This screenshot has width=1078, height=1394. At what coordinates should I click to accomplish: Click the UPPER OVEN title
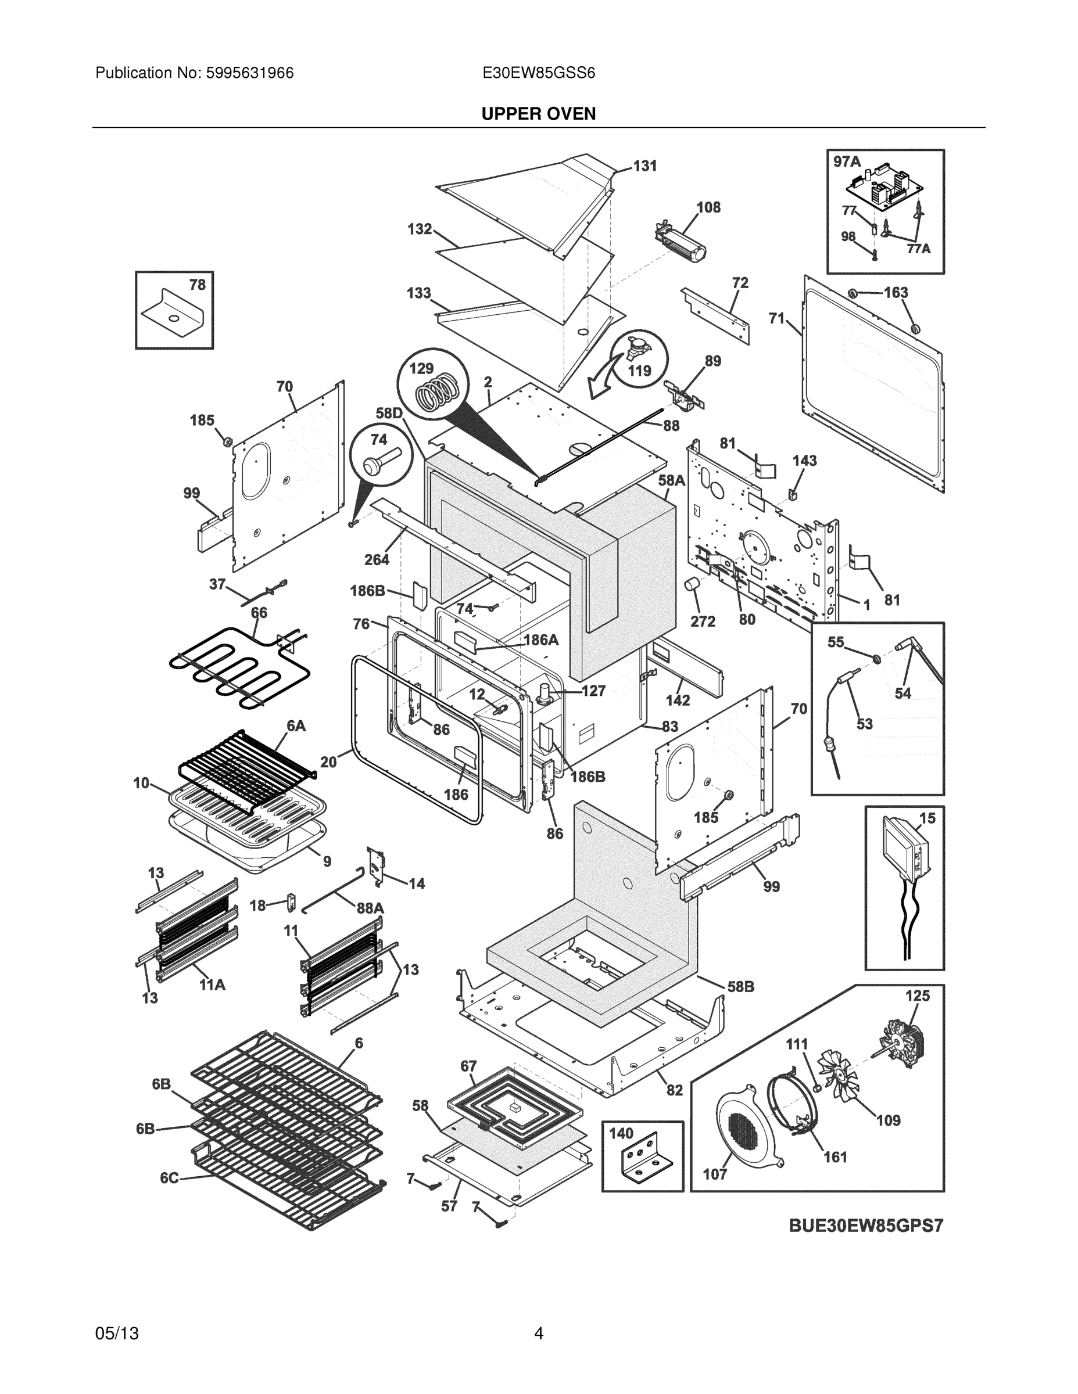pos(538,114)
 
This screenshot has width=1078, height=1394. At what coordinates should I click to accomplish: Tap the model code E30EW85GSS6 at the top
pos(538,73)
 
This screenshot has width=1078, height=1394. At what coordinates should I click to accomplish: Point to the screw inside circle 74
pos(379,462)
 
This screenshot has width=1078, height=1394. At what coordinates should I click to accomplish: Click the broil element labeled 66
pos(239,667)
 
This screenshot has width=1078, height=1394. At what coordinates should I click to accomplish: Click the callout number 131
pos(644,166)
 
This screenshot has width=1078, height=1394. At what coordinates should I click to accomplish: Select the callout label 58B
pos(740,987)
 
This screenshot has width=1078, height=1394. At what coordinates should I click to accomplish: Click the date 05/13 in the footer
pos(117,1334)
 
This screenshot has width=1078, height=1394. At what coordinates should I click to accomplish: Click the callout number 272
pos(703,621)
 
